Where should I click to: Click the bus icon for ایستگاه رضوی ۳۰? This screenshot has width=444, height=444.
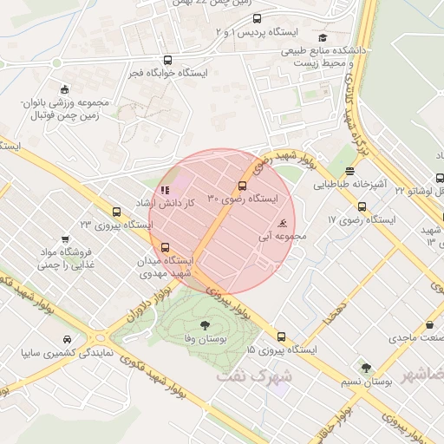point(242,186)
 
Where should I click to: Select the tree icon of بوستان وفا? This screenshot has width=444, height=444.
point(205,326)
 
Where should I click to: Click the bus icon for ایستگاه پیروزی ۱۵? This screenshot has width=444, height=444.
point(280,336)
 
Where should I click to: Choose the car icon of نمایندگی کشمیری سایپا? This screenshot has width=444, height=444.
point(67,340)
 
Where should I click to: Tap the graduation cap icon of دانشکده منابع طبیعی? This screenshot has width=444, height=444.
point(323,37)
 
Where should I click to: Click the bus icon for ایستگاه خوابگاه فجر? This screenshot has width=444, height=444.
point(167,61)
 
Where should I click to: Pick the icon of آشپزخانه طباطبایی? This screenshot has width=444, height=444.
point(349,172)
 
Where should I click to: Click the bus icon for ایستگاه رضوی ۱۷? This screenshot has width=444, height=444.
point(362,206)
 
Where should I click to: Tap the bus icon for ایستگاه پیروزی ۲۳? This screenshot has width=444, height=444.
point(116,212)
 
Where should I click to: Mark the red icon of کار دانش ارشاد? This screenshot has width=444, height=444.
point(165,190)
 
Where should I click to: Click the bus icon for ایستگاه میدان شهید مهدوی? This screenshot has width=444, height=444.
point(166,247)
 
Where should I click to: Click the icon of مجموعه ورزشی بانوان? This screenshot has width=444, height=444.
point(64,89)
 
